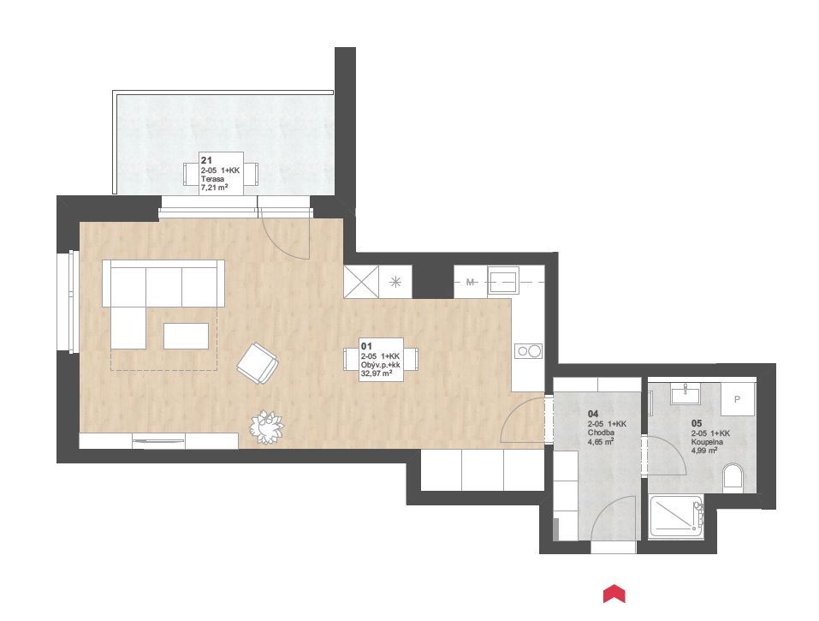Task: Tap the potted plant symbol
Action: pyautogui.click(x=266, y=427)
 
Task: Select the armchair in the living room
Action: pyautogui.click(x=258, y=363)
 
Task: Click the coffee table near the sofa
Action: pyautogui.click(x=186, y=336)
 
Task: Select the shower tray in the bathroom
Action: pyautogui.click(x=677, y=517)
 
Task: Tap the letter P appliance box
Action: pyautogui.click(x=738, y=399)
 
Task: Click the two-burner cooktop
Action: pyautogui.click(x=529, y=351)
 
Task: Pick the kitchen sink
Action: pyautogui.click(x=503, y=281)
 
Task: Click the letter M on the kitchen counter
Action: pyautogui.click(x=470, y=283)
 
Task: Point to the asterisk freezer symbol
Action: pyautogui.click(x=395, y=283)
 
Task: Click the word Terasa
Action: pyautogui.click(x=212, y=179)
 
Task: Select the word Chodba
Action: pyautogui.click(x=601, y=433)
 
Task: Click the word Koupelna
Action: pyautogui.click(x=707, y=442)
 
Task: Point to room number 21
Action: pyautogui.click(x=206, y=160)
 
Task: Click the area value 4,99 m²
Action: pyautogui.click(x=704, y=451)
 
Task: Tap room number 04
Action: pyautogui.click(x=593, y=414)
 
